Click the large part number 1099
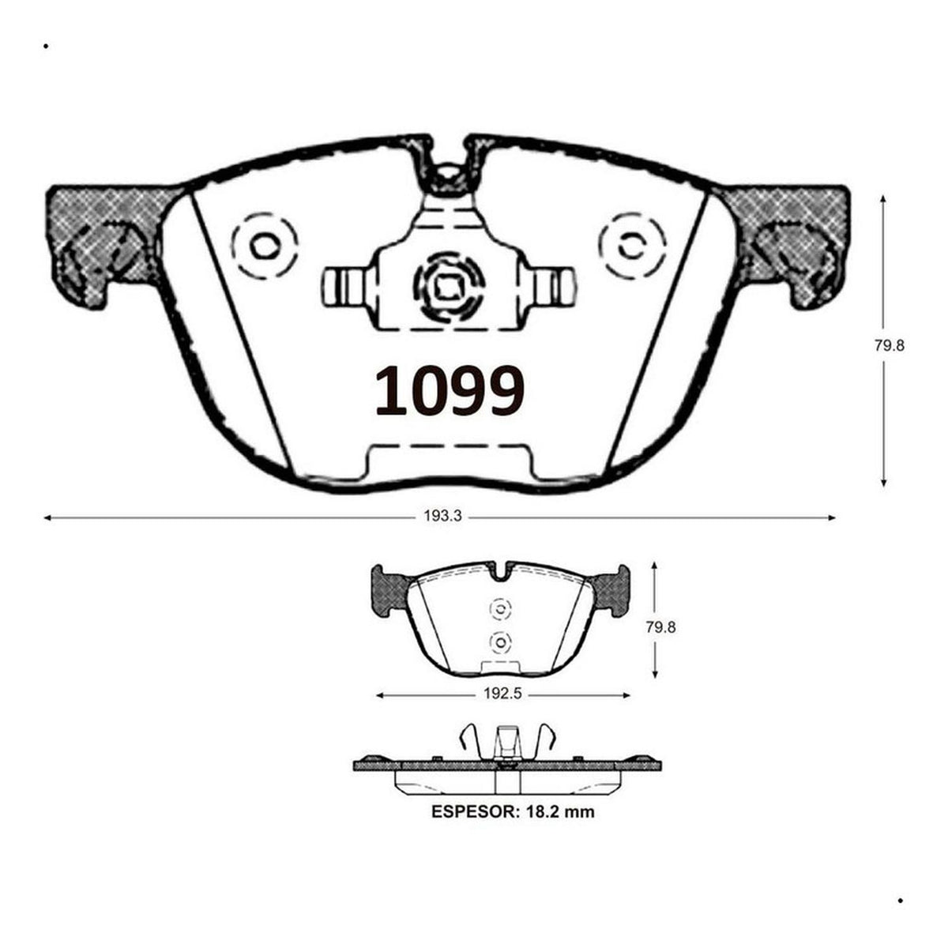coord(450,390)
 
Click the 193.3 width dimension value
coord(442,516)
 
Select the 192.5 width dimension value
coord(502,694)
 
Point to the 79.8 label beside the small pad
coord(660,627)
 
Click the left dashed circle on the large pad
coord(265,246)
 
